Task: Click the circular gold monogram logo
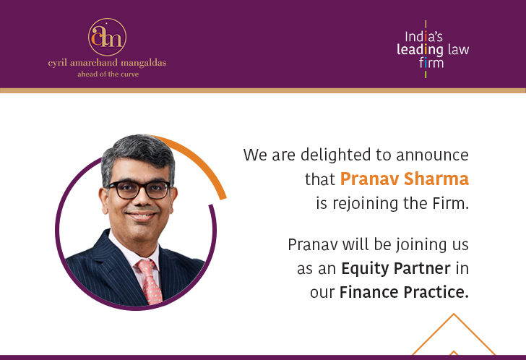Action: pyautogui.click(x=107, y=37)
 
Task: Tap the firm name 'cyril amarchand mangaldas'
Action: pyautogui.click(x=107, y=63)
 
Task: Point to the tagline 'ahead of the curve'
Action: pyautogui.click(x=107, y=74)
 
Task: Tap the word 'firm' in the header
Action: pyautogui.click(x=431, y=64)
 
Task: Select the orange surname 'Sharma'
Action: pyautogui.click(x=435, y=179)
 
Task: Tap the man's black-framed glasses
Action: pyautogui.click(x=138, y=189)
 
